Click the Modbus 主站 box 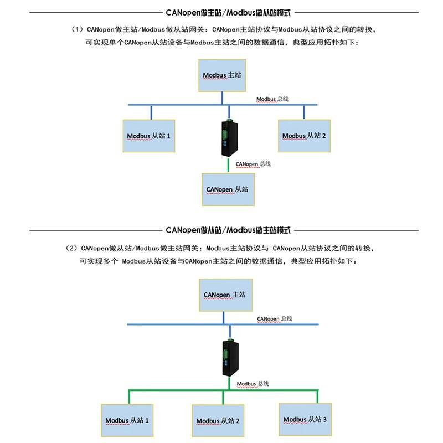[222, 75]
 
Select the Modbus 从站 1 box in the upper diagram [149, 136]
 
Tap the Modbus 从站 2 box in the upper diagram [304, 136]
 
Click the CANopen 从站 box [228, 189]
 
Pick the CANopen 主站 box [226, 295]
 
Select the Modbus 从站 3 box [305, 420]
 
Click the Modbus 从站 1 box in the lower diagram [127, 420]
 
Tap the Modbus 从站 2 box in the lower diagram [218, 421]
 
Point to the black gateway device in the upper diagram [229, 138]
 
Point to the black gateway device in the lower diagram [230, 357]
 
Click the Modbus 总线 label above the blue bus [272, 99]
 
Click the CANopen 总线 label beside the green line [253, 164]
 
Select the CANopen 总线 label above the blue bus [274, 319]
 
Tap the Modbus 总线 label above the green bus [253, 384]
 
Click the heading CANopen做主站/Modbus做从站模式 [228, 13]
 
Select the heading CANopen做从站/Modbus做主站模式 [228, 230]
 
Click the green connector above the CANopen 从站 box [228, 165]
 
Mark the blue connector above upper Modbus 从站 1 [151, 113]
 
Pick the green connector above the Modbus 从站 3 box [317, 396]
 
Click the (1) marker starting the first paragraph [77, 29]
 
